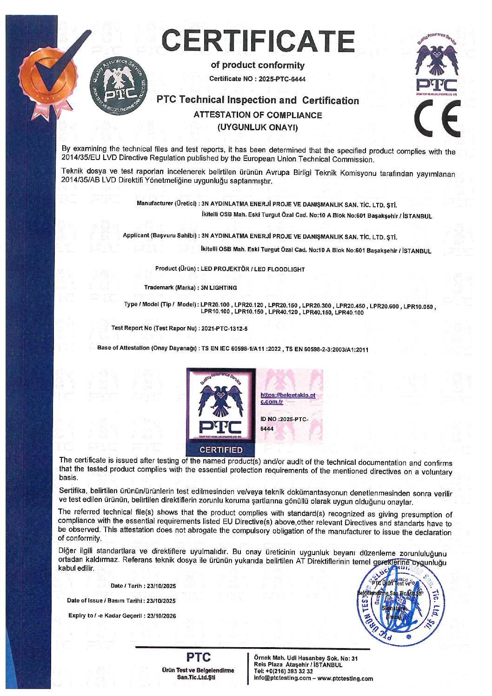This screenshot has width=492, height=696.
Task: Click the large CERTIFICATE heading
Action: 258,41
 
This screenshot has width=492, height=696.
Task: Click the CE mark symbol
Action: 438,118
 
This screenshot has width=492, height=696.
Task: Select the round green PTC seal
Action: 118,87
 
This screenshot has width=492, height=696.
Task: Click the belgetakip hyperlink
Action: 287,398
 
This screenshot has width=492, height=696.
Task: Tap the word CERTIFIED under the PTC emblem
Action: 221,450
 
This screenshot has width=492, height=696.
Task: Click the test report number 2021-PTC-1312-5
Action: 224,328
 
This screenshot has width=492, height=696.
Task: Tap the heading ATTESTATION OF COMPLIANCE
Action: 258,115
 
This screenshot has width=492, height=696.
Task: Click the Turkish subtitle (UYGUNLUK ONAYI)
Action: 258,127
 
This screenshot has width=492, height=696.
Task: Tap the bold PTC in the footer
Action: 198,657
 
